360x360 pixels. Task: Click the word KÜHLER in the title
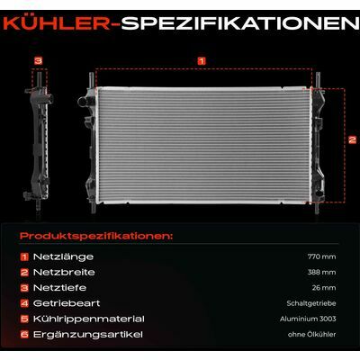[x=56, y=23]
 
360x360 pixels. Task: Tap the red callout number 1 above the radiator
[x=202, y=61]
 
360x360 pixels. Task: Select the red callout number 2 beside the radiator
[x=352, y=139]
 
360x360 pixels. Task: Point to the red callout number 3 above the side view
[x=39, y=61]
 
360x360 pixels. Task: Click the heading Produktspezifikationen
[x=96, y=236]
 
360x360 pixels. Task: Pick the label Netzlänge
[x=63, y=256]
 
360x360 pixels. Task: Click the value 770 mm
[x=321, y=256]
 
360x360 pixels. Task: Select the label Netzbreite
[x=64, y=272]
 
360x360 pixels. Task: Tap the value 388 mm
[x=321, y=273]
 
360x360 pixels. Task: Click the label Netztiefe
[x=59, y=288]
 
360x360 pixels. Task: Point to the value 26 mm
[x=324, y=288]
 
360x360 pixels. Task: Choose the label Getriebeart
[x=67, y=303]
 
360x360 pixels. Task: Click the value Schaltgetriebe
[x=311, y=303]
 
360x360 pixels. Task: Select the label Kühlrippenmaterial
[x=89, y=319]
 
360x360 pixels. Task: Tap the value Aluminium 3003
[x=308, y=319]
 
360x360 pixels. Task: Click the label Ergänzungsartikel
[x=88, y=335]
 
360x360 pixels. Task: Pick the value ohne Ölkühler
[x=311, y=335]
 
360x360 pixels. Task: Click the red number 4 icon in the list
[x=24, y=303]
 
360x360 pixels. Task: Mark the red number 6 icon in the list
[x=24, y=335]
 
